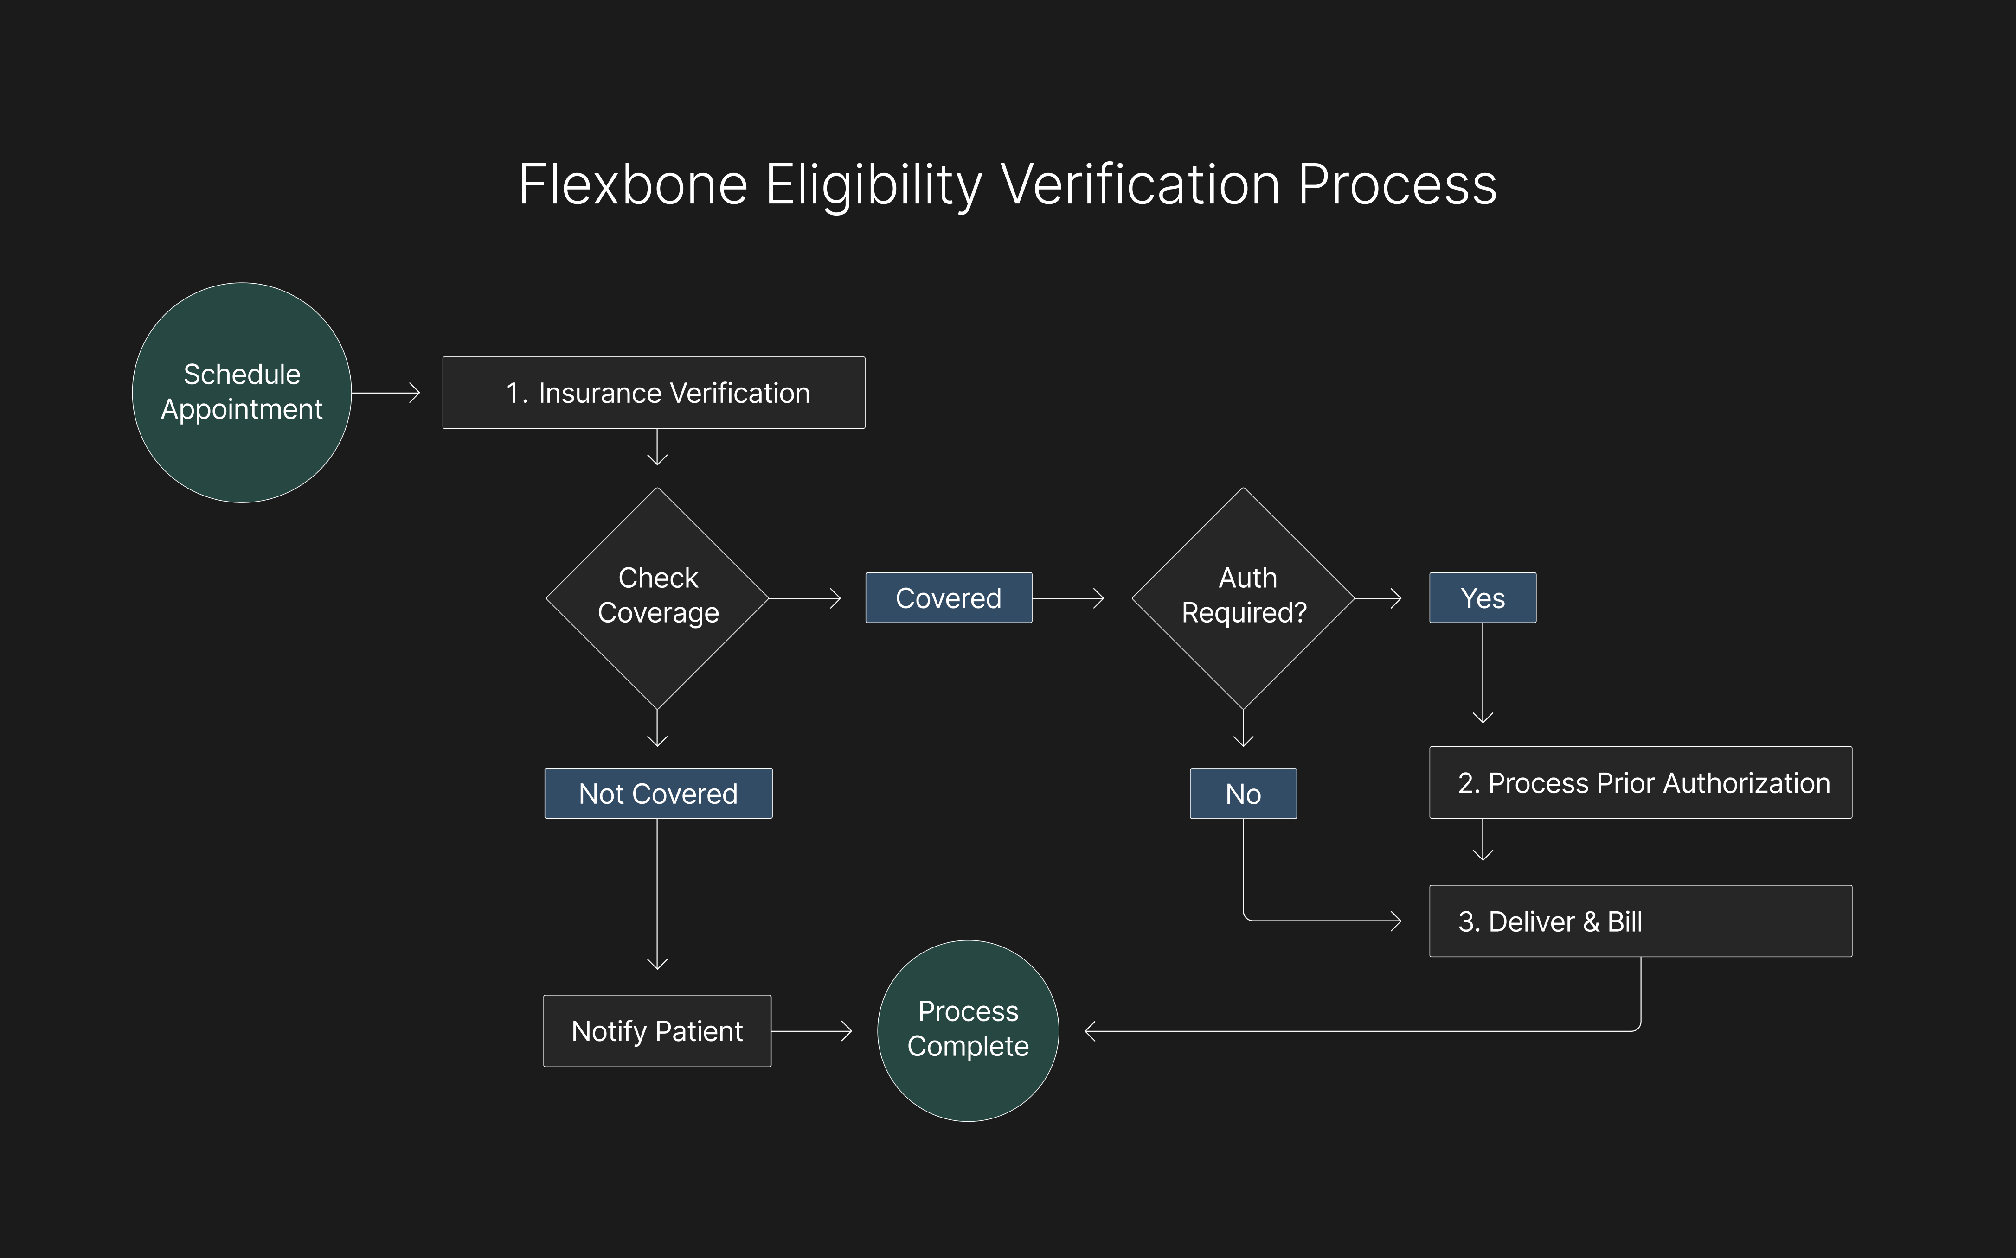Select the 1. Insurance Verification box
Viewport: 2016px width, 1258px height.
654,393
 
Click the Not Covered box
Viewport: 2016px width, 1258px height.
658,793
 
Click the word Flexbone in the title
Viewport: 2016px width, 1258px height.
633,184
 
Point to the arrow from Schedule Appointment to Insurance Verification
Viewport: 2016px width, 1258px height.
385,393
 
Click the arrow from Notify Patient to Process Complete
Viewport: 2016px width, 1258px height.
812,1031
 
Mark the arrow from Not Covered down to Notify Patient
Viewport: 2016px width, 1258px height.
658,895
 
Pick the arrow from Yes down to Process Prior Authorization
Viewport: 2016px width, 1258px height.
1483,674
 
